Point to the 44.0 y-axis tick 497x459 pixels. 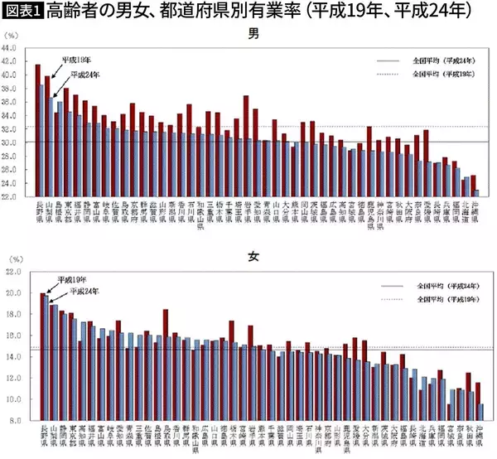click(x=10, y=47)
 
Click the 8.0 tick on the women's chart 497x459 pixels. click(x=12, y=421)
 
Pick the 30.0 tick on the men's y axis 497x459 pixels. click(x=10, y=143)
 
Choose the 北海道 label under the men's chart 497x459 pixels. click(x=465, y=212)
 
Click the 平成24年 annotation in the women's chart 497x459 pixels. click(x=84, y=291)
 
